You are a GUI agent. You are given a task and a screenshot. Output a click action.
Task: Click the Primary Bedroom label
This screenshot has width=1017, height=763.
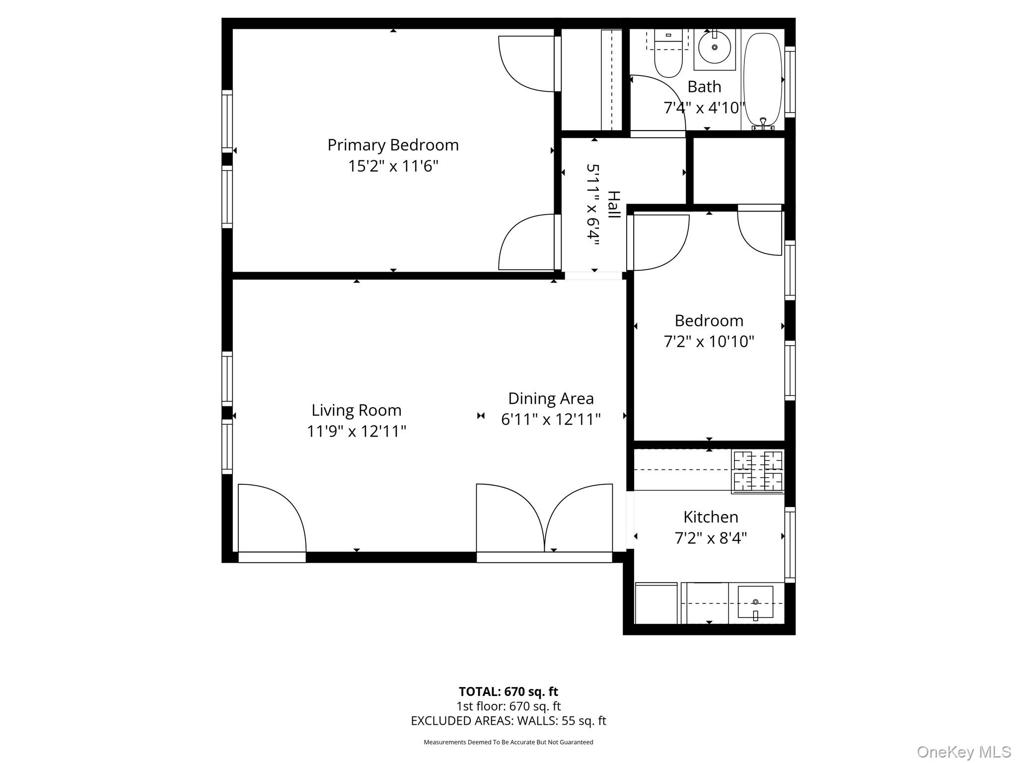click(x=393, y=145)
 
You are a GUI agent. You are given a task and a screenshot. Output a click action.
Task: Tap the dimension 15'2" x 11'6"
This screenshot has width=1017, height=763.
click(x=393, y=166)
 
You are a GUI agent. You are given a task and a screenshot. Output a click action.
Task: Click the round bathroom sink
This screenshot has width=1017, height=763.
click(x=714, y=48)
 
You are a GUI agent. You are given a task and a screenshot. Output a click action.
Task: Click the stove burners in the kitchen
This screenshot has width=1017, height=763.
click(x=758, y=471)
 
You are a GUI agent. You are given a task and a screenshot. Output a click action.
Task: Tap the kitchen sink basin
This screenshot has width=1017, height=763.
click(x=755, y=602)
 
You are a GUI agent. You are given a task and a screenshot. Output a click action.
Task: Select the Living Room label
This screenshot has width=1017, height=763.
click(x=356, y=410)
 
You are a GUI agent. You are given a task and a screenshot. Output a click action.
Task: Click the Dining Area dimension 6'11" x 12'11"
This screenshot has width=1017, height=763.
click(x=551, y=420)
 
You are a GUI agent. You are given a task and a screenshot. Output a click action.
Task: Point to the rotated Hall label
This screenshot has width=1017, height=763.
click(x=614, y=204)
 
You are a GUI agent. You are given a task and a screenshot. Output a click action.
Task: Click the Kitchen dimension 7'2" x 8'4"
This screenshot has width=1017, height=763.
click(x=711, y=538)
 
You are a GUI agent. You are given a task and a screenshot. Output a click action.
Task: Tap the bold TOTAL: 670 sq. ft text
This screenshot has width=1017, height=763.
click(x=508, y=691)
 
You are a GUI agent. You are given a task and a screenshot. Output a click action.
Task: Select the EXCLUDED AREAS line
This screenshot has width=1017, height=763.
click(x=508, y=721)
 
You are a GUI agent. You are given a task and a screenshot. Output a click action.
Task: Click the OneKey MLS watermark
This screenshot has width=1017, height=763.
click(x=963, y=752)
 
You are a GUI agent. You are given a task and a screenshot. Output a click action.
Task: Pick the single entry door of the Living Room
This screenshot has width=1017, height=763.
click(x=272, y=519)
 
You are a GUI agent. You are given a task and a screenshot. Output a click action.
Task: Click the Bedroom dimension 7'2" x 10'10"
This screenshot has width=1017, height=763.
click(x=709, y=342)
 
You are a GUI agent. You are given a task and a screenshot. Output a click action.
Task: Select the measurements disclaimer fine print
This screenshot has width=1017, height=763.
click(x=508, y=742)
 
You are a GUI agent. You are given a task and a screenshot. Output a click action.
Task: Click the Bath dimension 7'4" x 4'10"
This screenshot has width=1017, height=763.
click(x=704, y=108)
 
